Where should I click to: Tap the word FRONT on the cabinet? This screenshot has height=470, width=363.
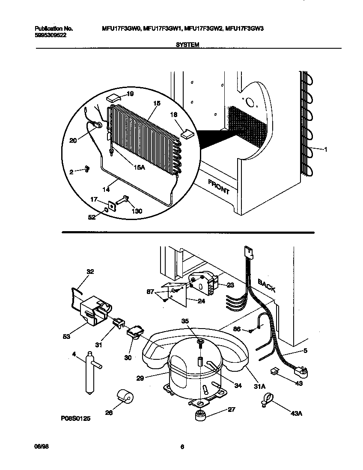click(219, 187)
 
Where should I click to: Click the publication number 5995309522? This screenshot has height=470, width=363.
click(51, 36)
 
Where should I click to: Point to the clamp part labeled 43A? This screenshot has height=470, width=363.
click(265, 400)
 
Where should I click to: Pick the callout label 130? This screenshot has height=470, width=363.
click(136, 211)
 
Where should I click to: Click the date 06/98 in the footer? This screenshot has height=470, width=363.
click(40, 446)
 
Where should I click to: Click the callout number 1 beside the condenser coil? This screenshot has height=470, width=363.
click(326, 149)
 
